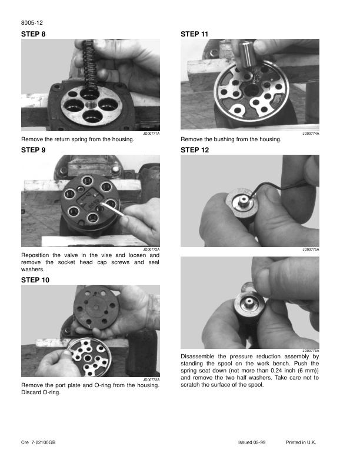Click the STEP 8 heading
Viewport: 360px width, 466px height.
point(34,34)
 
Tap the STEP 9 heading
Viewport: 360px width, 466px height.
point(34,150)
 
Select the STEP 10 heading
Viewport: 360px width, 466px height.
point(35,280)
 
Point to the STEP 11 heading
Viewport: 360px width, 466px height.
point(195,34)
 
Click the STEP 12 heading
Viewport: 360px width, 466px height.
point(195,150)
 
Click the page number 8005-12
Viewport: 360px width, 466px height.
point(32,23)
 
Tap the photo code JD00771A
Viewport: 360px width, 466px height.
point(151,134)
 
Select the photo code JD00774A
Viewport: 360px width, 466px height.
point(311,134)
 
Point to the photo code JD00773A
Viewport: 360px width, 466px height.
point(151,380)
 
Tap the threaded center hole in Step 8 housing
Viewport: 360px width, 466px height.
point(90,105)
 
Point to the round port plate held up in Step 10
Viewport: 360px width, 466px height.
point(97,308)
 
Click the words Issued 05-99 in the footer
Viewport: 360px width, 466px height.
point(252,442)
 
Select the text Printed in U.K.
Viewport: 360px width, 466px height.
point(301,442)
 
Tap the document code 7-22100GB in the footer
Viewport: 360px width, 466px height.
point(44,442)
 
